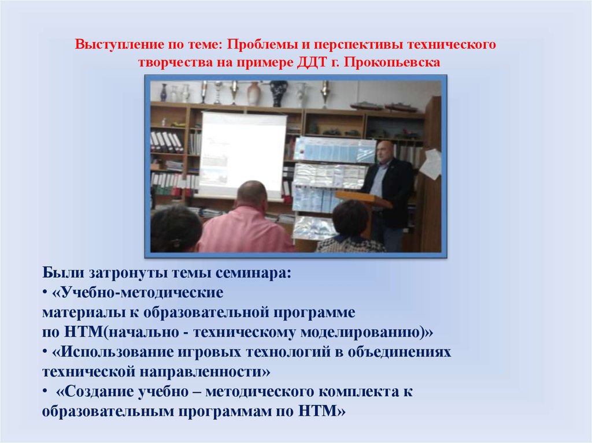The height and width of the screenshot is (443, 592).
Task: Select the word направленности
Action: pos(205,372)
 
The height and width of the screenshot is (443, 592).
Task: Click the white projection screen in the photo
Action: pos(242,155)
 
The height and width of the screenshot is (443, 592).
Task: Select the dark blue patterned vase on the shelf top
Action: pos(278,93)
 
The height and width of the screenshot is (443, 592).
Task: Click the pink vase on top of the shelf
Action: pos(254,94)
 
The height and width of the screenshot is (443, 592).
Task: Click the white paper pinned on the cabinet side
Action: pos(431,164)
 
